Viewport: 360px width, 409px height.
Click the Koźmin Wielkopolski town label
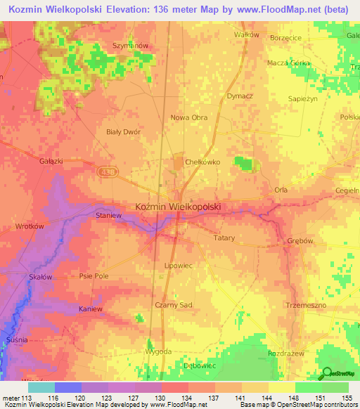tap(178, 207)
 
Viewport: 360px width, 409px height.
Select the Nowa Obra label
tap(189, 117)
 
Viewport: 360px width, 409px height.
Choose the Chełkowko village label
tap(202, 162)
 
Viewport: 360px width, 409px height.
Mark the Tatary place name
tap(224, 238)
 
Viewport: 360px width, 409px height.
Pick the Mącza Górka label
tap(288, 63)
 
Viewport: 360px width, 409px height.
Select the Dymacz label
tap(240, 95)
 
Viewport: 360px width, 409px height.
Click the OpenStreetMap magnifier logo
tap(327, 373)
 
